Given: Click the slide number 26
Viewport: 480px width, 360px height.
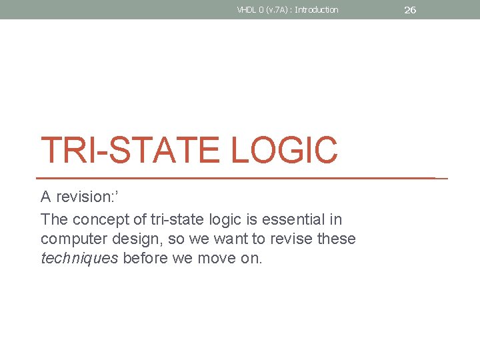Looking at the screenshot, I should (410, 10).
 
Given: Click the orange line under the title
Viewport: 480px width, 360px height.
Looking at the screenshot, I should (240, 179).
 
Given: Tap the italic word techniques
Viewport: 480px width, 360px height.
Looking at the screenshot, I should (79, 259).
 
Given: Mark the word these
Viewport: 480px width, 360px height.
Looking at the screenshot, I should (338, 239).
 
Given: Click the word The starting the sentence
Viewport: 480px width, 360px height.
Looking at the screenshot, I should (54, 219).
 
